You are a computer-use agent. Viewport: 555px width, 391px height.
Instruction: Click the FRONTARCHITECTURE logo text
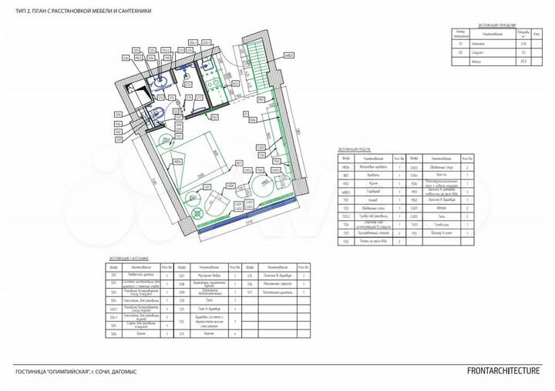pos(503,370)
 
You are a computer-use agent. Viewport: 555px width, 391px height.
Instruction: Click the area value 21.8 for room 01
pos(525,45)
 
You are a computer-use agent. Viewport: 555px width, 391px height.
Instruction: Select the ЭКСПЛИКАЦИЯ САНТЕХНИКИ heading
pos(128,259)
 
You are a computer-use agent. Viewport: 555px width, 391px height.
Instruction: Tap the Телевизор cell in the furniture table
pos(442,224)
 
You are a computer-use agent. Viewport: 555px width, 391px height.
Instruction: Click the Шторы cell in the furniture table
pos(442,208)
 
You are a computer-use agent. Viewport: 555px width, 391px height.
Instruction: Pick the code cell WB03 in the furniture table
pos(347,192)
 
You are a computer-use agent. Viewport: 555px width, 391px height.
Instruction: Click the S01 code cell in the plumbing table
pos(113,275)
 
